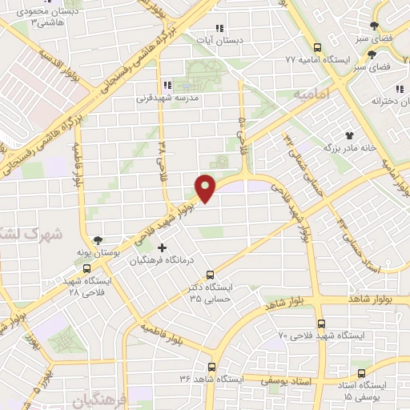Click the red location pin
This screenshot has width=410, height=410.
point(207,187)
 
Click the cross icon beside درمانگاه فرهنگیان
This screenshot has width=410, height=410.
point(163,247)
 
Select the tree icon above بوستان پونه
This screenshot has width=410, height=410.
point(98,240)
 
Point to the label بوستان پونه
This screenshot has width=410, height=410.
point(96,253)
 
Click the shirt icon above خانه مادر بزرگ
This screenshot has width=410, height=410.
point(348,136)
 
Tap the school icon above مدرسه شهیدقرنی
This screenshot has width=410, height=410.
point(167,84)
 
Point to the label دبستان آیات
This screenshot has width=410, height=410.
point(220,39)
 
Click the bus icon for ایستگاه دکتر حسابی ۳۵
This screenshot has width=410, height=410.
point(210,274)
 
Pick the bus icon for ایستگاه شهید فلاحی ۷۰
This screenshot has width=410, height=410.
point(321,324)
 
